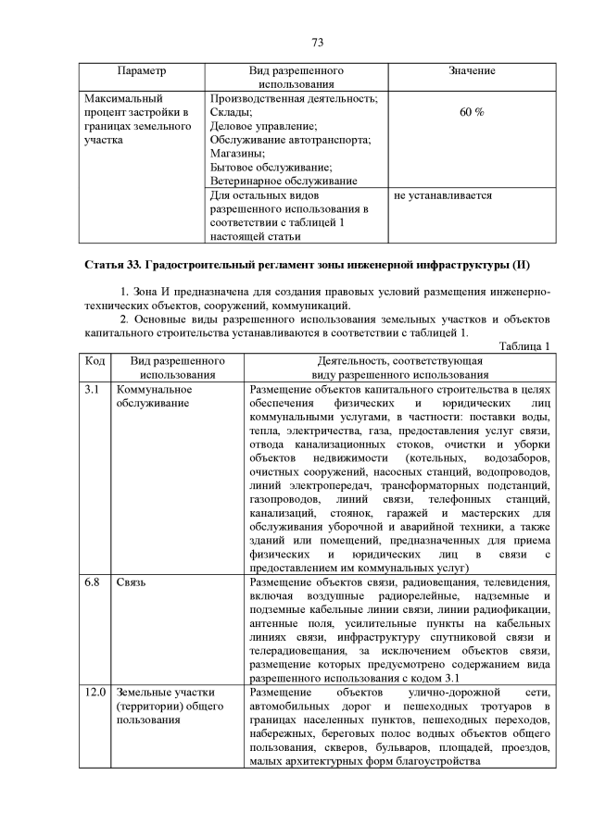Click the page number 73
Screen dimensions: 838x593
tap(316, 43)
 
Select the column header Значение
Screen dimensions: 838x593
tap(471, 71)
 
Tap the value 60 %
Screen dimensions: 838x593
tap(471, 112)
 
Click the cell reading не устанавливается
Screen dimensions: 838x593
tap(442, 196)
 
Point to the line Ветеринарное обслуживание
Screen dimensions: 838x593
tap(283, 181)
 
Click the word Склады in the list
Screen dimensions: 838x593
tap(231, 112)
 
